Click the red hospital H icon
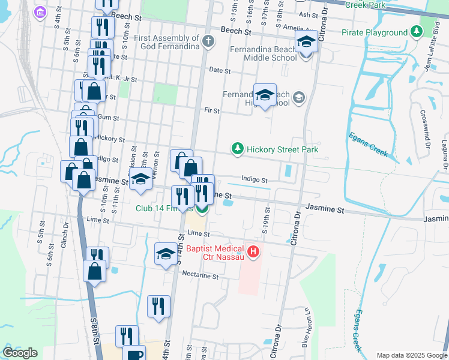pyautogui.click(x=253, y=251)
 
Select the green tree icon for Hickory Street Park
pyautogui.click(x=238, y=149)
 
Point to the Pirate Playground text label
pyautogui.click(x=374, y=32)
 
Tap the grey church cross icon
pyautogui.click(x=208, y=41)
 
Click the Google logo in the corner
pyautogui.click(x=20, y=352)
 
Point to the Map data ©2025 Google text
pyautogui.click(x=411, y=355)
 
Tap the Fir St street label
pyautogui.click(x=212, y=110)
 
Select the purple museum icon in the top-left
pyautogui.click(x=40, y=11)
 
